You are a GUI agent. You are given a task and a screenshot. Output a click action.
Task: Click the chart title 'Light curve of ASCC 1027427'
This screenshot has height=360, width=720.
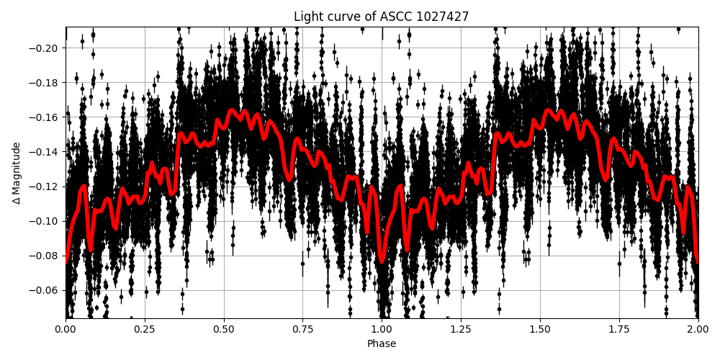pyautogui.click(x=381, y=17)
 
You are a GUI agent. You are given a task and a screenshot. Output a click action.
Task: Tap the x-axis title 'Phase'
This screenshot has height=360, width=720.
pyautogui.click(x=382, y=344)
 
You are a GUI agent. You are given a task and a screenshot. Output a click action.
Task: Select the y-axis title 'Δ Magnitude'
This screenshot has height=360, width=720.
pyautogui.click(x=17, y=173)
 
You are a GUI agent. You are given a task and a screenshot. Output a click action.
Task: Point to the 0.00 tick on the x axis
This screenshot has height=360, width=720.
pyautogui.click(x=66, y=330)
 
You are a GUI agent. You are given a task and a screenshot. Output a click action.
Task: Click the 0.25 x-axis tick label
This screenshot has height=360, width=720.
pyautogui.click(x=145, y=330)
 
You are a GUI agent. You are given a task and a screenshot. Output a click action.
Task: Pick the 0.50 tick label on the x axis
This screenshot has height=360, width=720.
pyautogui.click(x=224, y=330)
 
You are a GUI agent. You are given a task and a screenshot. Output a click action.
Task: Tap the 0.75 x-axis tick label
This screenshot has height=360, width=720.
pyautogui.click(x=302, y=330)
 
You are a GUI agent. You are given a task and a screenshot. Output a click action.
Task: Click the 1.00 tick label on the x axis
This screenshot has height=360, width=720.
pyautogui.click(x=382, y=330)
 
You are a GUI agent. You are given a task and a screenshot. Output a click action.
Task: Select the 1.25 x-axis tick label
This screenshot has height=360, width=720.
pyautogui.click(x=461, y=330)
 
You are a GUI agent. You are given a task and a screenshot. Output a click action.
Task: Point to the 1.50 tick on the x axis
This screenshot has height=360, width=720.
pyautogui.click(x=540, y=330)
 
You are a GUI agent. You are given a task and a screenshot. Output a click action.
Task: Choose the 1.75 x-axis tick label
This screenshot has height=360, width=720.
pyautogui.click(x=618, y=330)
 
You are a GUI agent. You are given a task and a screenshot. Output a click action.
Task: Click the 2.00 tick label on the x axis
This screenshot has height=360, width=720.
pyautogui.click(x=698, y=330)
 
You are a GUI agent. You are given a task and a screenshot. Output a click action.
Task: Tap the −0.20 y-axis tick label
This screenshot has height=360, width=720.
pyautogui.click(x=44, y=48)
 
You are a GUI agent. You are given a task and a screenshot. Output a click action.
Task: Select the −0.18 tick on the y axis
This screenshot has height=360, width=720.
pyautogui.click(x=44, y=83)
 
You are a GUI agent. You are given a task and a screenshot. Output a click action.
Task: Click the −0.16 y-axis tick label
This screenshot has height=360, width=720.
pyautogui.click(x=44, y=117)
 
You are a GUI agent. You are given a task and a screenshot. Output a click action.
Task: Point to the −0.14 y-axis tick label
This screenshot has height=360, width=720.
pyautogui.click(x=44, y=152)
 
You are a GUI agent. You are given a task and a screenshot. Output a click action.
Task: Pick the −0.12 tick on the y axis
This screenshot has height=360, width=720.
pyautogui.click(x=44, y=186)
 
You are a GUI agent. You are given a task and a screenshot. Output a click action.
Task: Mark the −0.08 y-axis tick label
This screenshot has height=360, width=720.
pyautogui.click(x=44, y=256)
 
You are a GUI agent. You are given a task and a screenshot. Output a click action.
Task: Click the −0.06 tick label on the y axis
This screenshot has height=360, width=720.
pyautogui.click(x=44, y=290)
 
